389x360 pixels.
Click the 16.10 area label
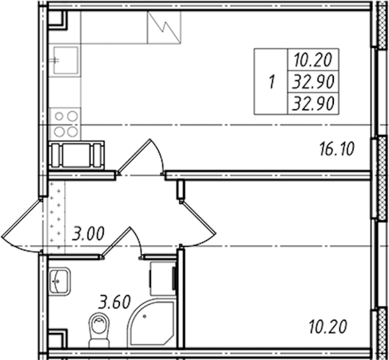tap(337, 149)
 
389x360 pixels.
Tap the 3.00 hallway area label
tap(88, 233)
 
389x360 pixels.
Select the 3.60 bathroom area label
tap(114, 301)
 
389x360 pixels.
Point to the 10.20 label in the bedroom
tap(328, 326)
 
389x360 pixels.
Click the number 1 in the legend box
tap(272, 82)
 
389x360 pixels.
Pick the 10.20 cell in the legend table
tap(313, 60)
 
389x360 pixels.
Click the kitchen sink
tap(65, 61)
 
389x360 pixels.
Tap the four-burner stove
tap(65, 124)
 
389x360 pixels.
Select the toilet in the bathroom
tap(99, 330)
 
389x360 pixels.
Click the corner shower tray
tap(151, 323)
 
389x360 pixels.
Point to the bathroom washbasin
tap(59, 281)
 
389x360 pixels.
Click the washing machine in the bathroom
tap(163, 278)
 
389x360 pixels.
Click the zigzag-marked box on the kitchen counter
tap(164, 28)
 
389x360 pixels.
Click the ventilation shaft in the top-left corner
tap(58, 20)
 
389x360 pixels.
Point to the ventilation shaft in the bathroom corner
tap(58, 339)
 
